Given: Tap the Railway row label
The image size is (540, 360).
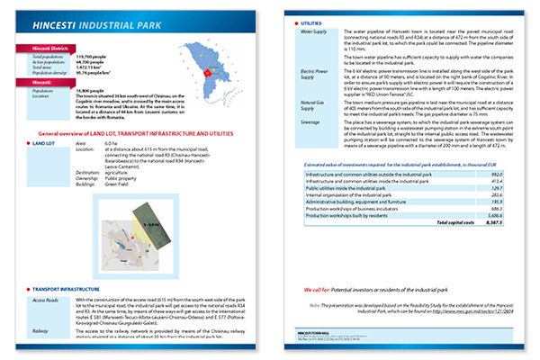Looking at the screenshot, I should click(x=40, y=332).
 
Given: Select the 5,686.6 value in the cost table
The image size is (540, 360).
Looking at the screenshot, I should click(x=491, y=214).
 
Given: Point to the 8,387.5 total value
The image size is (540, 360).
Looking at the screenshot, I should click(x=491, y=221).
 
